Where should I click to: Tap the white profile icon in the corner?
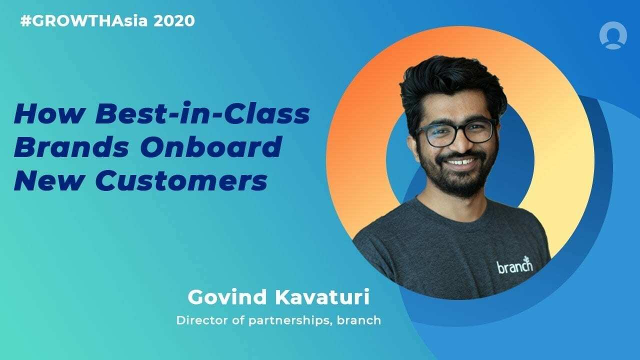(613, 36)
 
